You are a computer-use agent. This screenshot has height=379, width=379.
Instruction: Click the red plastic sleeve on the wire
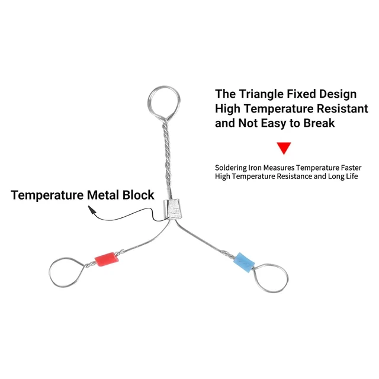[107, 259]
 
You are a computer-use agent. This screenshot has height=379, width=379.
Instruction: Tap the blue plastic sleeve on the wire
[244, 262]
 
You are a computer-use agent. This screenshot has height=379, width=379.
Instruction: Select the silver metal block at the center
[172, 209]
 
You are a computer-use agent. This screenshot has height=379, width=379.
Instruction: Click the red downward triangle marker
[284, 148]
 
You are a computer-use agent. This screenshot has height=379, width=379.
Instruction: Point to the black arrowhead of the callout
[92, 210]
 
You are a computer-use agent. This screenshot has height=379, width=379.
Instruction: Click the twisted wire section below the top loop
[167, 155]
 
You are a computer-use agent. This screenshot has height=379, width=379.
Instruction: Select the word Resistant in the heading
[342, 108]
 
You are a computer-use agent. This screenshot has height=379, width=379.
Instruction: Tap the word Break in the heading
[319, 123]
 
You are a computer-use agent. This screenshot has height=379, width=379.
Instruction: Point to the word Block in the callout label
[138, 195]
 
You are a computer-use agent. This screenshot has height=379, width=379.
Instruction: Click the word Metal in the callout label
[103, 195]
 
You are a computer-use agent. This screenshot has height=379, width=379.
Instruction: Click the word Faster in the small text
[351, 168]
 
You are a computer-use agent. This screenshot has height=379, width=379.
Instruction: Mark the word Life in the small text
[351, 176]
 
